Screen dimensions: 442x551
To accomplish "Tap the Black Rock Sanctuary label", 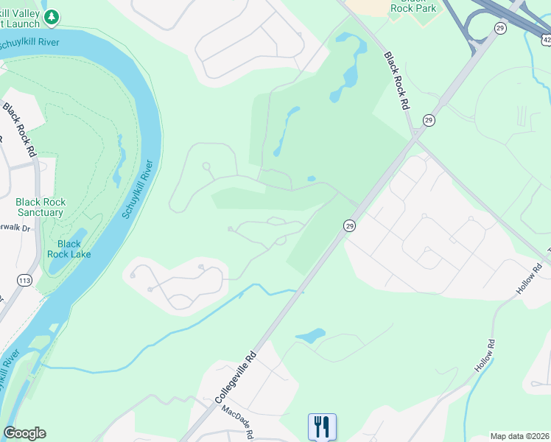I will (41, 207).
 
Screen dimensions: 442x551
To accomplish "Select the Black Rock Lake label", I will (69, 249).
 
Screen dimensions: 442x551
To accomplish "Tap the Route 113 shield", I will (25, 280).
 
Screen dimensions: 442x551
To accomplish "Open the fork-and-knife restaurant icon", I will (322, 427).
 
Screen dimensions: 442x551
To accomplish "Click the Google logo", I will (24, 433).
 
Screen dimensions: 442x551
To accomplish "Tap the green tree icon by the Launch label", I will (51, 16).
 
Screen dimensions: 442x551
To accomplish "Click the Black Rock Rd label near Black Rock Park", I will (395, 81).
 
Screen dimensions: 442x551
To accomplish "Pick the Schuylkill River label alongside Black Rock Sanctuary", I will (138, 190).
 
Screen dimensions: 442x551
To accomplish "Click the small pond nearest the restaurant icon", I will (311, 337).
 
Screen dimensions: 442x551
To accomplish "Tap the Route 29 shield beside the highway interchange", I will (500, 28).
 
